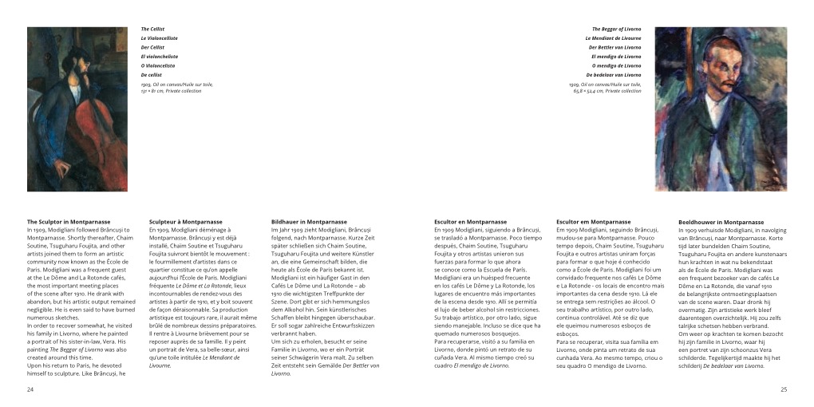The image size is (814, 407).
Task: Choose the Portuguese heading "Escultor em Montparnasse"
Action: (x=589, y=222)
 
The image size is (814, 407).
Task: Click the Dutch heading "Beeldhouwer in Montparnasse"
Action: (x=721, y=222)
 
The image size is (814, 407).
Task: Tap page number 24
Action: (x=30, y=389)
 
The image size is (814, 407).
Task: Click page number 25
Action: (x=784, y=389)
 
